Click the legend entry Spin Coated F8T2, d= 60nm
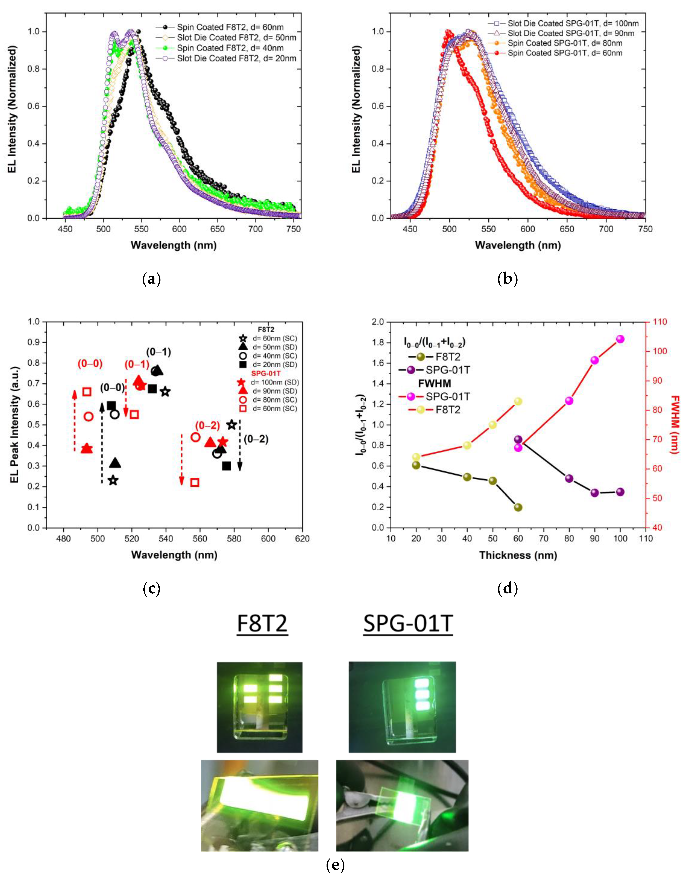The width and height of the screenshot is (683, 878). pos(230,27)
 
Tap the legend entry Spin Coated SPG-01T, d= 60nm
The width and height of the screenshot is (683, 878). pos(565,53)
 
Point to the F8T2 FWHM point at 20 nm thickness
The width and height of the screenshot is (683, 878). pos(416,457)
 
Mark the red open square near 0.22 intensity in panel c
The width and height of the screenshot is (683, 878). pos(195,482)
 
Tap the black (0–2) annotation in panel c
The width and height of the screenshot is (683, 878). pos(256,439)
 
